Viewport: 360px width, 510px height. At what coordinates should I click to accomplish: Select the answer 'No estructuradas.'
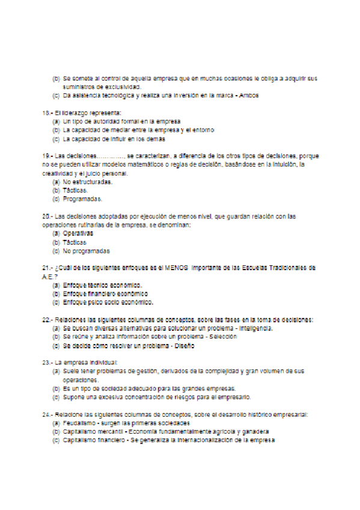tap(87, 181)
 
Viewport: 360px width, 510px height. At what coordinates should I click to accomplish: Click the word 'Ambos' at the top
tap(250, 95)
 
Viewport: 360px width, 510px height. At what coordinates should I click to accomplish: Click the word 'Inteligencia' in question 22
tap(256, 328)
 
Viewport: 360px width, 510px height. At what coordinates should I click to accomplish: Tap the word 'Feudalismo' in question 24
tap(79, 423)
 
